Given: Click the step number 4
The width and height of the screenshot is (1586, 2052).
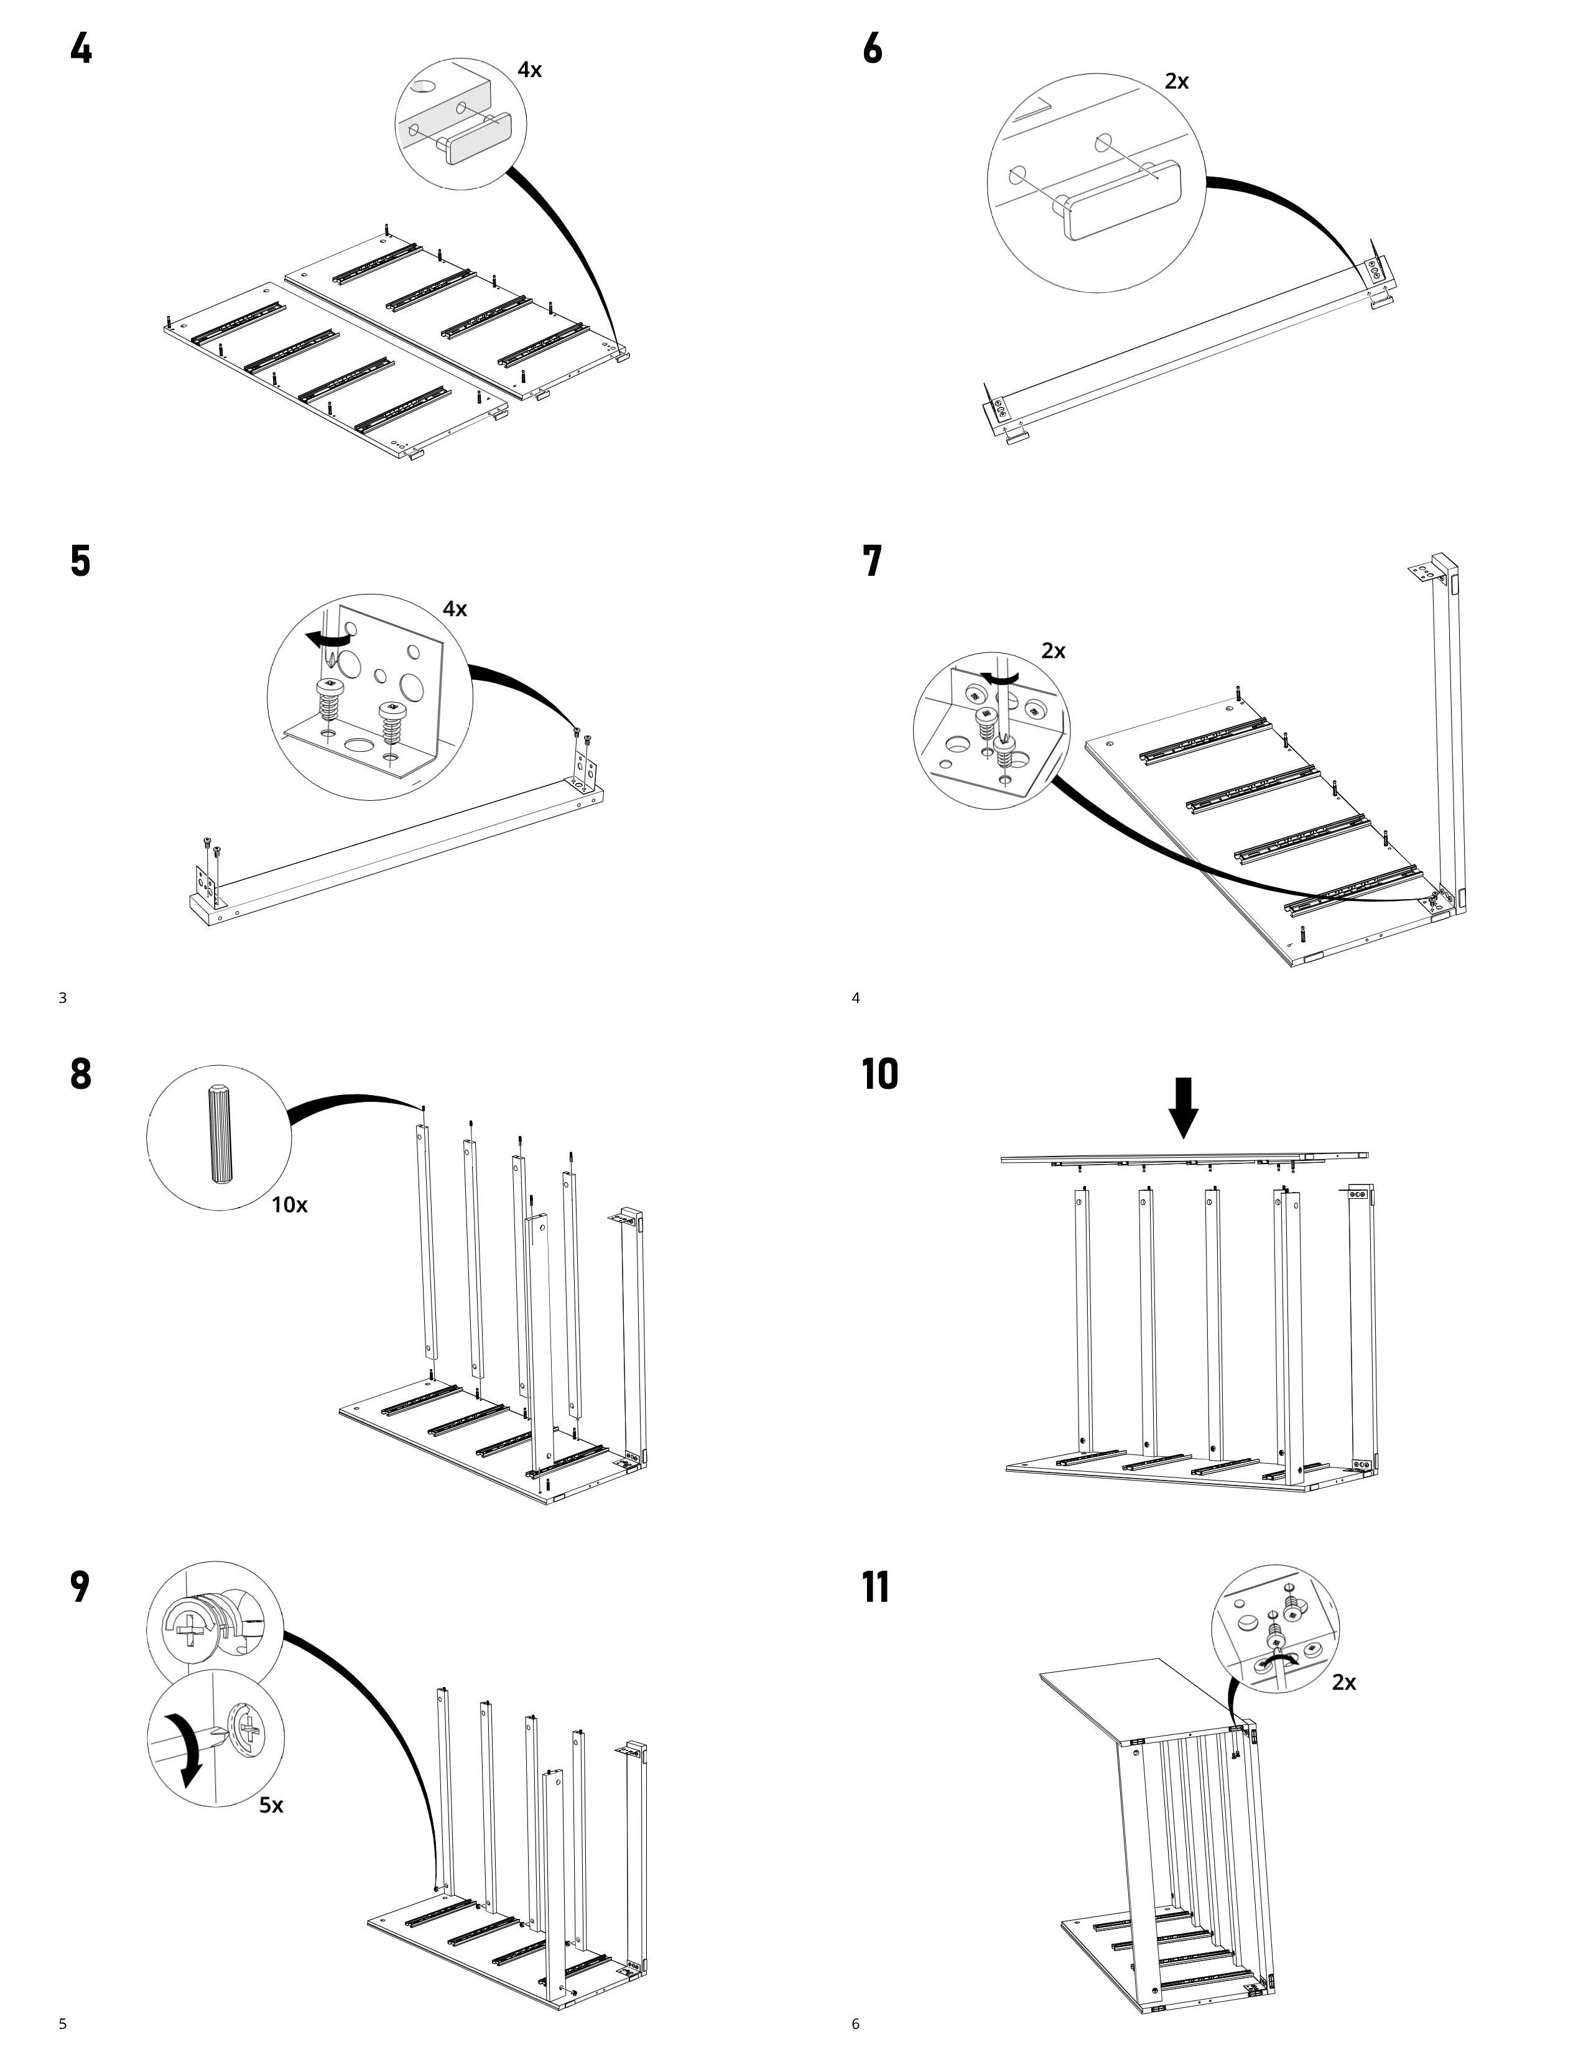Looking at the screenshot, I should click(x=81, y=48).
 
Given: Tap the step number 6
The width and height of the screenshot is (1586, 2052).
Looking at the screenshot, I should click(x=873, y=48).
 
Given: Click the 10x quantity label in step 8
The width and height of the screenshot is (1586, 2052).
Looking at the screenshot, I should click(x=289, y=1204).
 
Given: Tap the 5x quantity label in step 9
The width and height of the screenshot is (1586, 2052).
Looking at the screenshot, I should click(x=272, y=1805).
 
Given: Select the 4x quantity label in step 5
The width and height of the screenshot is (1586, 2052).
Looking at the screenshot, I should click(x=455, y=609).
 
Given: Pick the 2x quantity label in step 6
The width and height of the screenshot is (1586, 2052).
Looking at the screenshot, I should click(x=1176, y=81).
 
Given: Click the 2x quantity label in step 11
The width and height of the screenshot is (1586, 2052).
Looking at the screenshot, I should click(x=1343, y=1682).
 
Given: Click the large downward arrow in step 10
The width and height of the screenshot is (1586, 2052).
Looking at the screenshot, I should click(x=1184, y=1107).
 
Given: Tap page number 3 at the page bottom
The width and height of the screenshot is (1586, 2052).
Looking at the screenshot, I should click(x=63, y=998).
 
